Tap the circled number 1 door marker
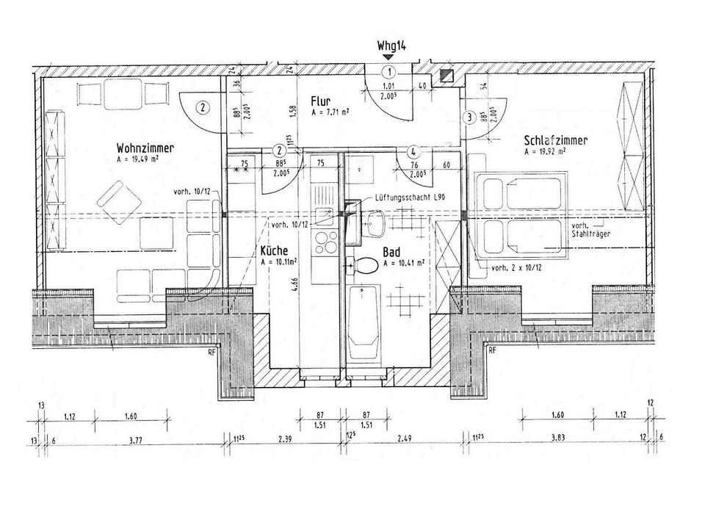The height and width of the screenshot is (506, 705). (388, 73)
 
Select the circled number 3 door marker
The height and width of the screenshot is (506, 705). (468, 116)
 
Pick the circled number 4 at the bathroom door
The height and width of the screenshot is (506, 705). (414, 153)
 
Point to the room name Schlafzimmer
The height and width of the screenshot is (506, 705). (556, 140)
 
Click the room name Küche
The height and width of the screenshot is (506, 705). (274, 250)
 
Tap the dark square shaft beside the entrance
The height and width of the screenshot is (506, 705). (444, 75)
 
